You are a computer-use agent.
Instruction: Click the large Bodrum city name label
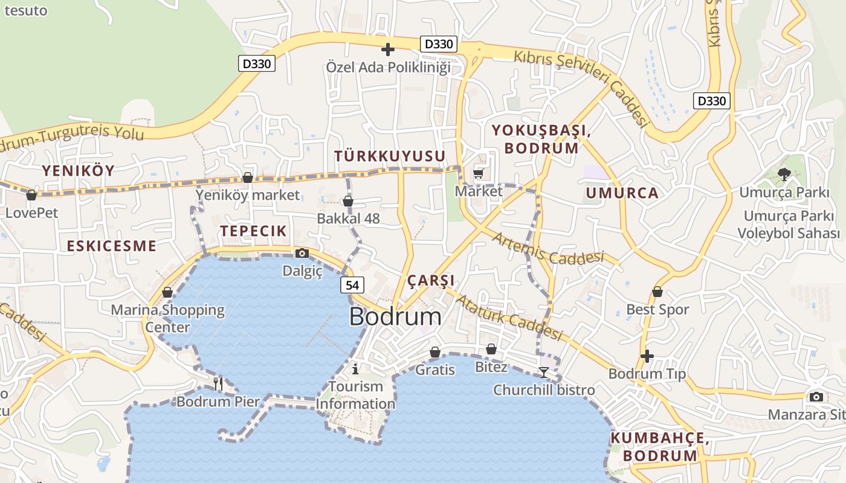point(395,317)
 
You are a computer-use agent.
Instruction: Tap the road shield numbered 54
point(352,285)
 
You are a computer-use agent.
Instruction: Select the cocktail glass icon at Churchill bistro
point(544,372)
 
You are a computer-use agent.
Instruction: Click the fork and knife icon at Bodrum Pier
point(218,383)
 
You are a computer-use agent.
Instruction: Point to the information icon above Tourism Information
point(355,368)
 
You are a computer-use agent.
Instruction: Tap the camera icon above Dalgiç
point(302,253)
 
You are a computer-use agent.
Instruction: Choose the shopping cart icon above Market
point(479,174)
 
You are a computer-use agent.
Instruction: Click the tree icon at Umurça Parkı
point(784,174)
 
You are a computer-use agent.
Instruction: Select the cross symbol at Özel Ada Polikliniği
point(388,49)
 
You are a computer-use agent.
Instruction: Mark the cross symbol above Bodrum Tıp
point(647,356)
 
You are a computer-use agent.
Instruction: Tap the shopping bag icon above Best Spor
point(657,292)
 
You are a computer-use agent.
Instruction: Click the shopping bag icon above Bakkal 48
point(348,201)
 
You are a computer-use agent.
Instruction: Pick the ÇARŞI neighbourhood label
point(431,281)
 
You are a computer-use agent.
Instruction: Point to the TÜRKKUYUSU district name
point(390,156)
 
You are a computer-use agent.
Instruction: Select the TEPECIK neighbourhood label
point(253,231)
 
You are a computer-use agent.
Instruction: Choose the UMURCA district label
point(622,193)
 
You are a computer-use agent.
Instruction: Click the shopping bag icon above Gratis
point(435,352)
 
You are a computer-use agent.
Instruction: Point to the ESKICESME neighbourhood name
point(111,246)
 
